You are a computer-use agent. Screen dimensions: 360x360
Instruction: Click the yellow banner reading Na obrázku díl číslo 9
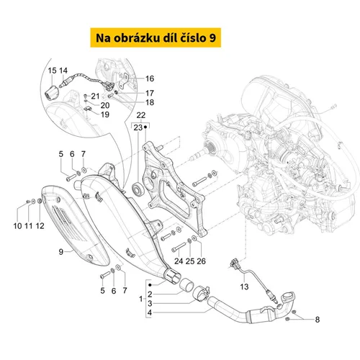pos(156,37)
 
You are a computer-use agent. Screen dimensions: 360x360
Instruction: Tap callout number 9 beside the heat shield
pos(61,252)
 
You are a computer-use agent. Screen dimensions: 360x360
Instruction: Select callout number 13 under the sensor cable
pos(244,287)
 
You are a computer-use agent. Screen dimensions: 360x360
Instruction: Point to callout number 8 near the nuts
pos(318,320)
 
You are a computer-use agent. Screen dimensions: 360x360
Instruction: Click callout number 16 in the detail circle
pos(150,78)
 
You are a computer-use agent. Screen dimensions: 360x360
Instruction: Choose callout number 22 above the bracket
pos(141,115)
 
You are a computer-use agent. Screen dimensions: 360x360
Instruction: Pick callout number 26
pos(201,261)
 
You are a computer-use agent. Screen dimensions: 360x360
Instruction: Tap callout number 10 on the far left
pos(17,226)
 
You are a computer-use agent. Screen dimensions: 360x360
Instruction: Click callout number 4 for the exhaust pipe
pos(150,312)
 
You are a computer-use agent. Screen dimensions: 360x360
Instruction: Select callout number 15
pos(52,71)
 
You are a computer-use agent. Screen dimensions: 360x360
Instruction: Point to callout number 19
pos(105,114)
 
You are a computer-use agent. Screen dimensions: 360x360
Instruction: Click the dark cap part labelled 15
pos(50,94)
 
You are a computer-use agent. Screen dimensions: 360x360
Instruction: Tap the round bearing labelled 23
pos(138,188)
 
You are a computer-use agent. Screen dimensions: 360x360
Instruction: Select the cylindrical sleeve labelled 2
pos(186,285)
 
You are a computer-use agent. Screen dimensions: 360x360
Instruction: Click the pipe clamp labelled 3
pos(202,293)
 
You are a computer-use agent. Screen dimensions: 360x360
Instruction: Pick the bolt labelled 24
pos(179,247)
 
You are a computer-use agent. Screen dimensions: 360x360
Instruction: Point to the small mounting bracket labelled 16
pos(125,81)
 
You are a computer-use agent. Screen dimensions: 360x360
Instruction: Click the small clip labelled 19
pos(88,109)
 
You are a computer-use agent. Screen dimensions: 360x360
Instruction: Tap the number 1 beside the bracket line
pos(141,299)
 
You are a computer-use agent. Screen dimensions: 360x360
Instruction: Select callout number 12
pos(40,226)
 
